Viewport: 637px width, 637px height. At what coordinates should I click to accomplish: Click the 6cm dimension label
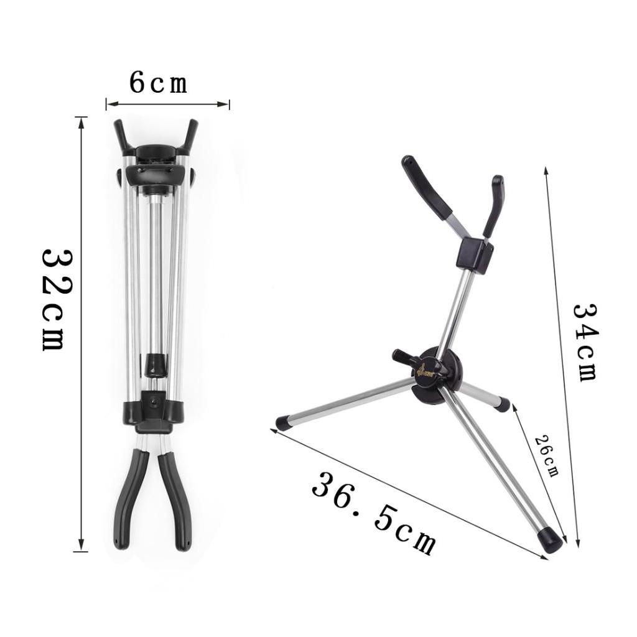point(158,83)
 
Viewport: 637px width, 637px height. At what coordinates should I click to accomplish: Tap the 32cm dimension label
point(57,299)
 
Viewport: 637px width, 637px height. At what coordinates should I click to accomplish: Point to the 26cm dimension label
point(546,454)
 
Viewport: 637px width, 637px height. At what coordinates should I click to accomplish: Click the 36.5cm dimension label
point(373,513)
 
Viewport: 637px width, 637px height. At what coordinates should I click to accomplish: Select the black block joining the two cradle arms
point(474,254)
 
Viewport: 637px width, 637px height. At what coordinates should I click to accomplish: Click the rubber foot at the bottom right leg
point(551,540)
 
